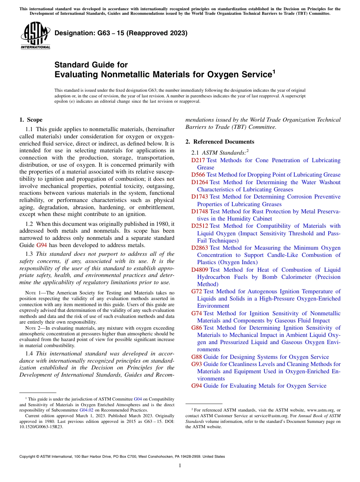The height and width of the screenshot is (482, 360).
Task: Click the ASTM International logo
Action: coord(35,36)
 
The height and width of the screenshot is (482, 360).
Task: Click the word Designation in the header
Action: coord(73,33)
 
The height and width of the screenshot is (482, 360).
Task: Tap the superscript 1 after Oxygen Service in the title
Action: coord(274,71)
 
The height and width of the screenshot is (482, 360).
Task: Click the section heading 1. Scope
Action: coord(31,120)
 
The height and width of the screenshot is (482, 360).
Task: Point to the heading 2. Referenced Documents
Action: coord(220,142)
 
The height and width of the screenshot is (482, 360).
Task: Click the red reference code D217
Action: coord(198,160)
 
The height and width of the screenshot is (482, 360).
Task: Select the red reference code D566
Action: coord(198,175)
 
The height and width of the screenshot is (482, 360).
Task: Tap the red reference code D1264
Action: coord(200,182)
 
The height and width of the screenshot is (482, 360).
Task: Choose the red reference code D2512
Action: coord(200,226)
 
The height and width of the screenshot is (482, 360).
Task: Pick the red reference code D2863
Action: coord(200,248)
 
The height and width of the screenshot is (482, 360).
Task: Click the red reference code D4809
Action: coord(200,270)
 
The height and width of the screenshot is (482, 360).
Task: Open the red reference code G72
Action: coord(197,291)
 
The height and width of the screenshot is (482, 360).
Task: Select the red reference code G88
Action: coord(197,357)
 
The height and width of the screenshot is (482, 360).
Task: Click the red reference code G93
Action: coord(197,364)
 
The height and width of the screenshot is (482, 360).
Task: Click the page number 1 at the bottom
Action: coord(180,465)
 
